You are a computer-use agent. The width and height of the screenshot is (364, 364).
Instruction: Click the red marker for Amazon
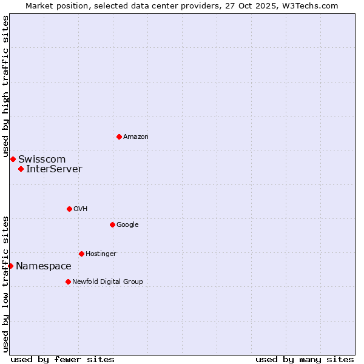pos(119,136)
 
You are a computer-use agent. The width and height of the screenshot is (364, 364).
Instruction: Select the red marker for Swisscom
pos(13,159)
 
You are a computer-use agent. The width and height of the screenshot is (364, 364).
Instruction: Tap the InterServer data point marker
pos(21,169)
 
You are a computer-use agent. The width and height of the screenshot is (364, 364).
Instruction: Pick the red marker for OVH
pos(69,209)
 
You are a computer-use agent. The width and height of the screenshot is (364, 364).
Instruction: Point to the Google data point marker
pos(112,224)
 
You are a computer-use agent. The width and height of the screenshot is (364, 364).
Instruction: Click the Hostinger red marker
pos(81,254)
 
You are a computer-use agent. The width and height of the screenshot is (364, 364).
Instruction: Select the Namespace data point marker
pos(10,266)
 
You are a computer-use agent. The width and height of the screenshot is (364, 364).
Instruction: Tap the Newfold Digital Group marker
pos(68,281)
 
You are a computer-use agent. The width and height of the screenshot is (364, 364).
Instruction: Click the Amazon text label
pos(136,137)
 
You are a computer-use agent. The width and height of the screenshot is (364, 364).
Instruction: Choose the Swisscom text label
pos(42,160)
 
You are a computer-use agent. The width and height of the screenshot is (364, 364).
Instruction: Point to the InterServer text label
pos(54,169)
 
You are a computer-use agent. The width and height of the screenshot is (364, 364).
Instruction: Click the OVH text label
pos(81,209)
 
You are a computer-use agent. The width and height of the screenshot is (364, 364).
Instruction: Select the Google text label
pos(127,225)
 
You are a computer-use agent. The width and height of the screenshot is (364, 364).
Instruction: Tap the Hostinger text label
pos(101,254)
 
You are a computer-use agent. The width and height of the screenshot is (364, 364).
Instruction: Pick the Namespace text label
pos(44,266)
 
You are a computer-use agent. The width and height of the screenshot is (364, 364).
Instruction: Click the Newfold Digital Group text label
pos(107,282)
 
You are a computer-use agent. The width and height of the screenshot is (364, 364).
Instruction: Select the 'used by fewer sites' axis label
pos(62,359)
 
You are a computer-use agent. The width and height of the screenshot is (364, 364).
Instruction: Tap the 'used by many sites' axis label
pos(305,359)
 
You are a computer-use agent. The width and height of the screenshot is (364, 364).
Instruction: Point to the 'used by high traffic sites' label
pos(5,87)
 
